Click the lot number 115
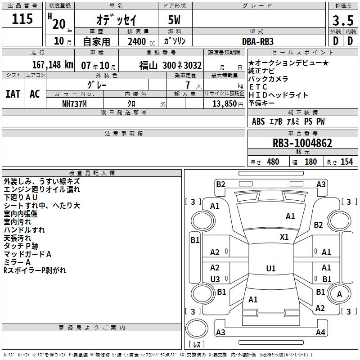click(22, 18)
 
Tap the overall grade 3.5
click(343, 20)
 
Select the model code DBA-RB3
click(258, 41)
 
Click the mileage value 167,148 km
click(53, 65)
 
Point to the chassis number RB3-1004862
click(302, 143)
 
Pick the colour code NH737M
click(74, 104)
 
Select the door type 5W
click(174, 20)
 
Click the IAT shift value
click(13, 94)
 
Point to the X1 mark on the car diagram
click(284, 237)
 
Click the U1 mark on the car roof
click(271, 268)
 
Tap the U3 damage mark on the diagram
click(215, 279)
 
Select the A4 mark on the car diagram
click(320, 332)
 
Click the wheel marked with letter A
click(339, 294)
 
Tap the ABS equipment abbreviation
click(258, 121)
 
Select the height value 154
click(346, 162)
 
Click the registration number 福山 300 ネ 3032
click(171, 66)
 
